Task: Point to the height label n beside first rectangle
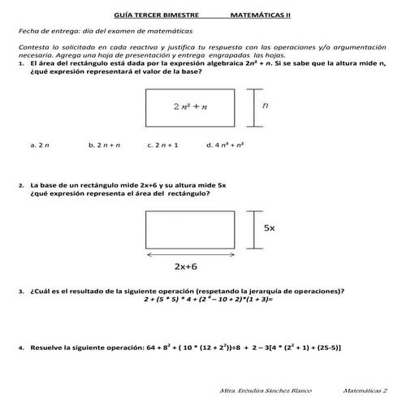[x=266, y=105]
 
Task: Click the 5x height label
[x=270, y=228]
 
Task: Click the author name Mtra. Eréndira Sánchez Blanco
[x=266, y=391]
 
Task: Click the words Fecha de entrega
[x=41, y=31]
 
